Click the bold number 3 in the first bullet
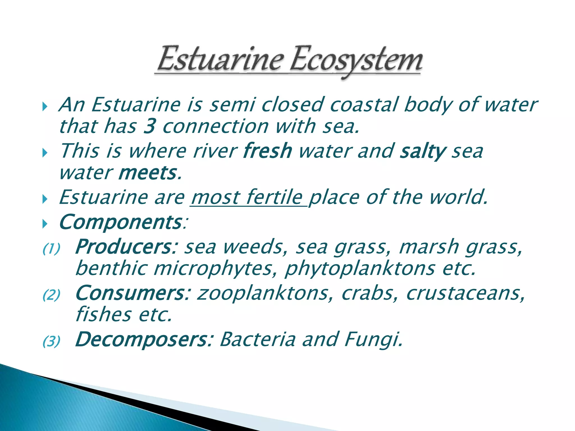click(150, 126)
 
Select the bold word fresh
click(268, 151)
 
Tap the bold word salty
click(423, 151)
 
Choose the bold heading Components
click(121, 222)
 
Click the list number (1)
click(51, 249)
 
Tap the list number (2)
click(51, 295)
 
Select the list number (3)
click(51, 341)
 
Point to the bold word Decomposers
click(143, 340)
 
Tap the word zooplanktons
click(263, 293)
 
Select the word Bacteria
click(257, 339)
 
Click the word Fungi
click(373, 340)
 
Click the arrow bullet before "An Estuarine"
click(45, 107)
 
